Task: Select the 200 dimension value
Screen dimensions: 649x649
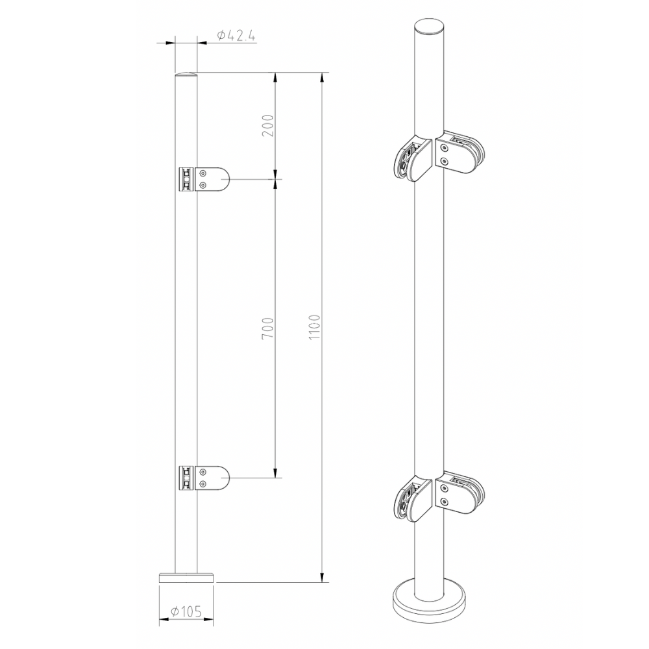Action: coord(267,125)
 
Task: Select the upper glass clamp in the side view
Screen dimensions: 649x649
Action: coord(204,179)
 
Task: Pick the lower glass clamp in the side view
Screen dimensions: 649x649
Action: coord(204,478)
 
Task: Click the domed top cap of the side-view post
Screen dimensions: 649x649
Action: coord(186,75)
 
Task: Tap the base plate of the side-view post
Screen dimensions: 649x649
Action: coord(187,577)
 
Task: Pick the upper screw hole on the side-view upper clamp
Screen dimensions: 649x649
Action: coord(203,173)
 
